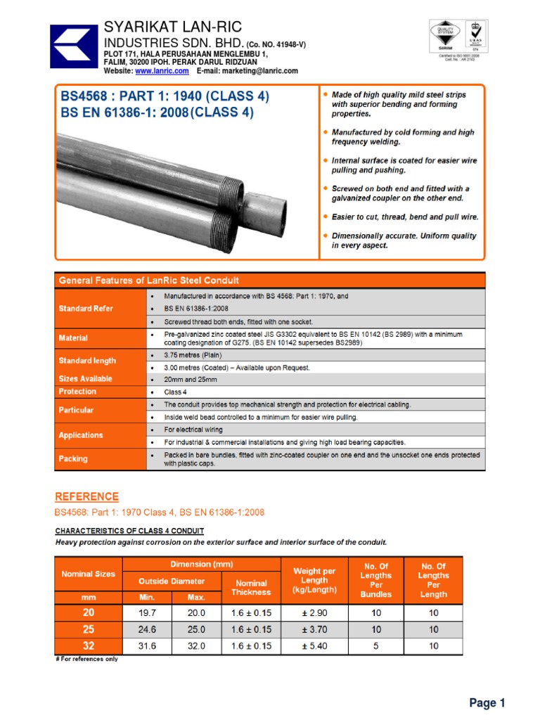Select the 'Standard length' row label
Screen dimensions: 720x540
click(x=87, y=361)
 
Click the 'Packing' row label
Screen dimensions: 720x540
click(x=73, y=459)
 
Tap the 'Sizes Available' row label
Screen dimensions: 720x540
click(x=85, y=379)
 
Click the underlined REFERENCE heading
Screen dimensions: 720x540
click(x=87, y=497)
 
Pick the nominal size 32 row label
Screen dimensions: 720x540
click(x=89, y=646)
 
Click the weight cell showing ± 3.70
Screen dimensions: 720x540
click(x=314, y=630)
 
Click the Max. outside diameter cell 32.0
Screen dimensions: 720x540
click(x=196, y=646)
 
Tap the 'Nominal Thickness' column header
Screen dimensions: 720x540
click(x=251, y=587)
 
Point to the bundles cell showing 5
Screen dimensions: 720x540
click(x=377, y=646)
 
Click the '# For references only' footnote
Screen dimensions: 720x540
click(x=86, y=660)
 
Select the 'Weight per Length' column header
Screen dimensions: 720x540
click(x=314, y=580)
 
